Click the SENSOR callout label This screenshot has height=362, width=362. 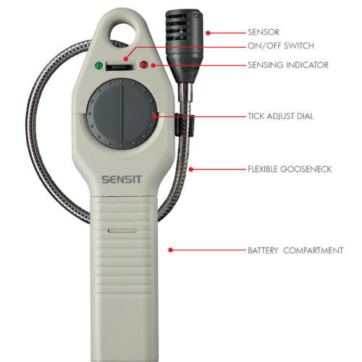[x=264, y=32]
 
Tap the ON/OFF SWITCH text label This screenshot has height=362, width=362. [x=281, y=46]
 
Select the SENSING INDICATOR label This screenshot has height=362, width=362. [x=288, y=65]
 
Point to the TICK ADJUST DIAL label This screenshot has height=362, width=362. [x=280, y=116]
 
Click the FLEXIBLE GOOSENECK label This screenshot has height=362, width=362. [x=290, y=169]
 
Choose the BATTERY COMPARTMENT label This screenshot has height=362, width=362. [x=295, y=251]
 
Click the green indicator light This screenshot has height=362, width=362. [x=98, y=66]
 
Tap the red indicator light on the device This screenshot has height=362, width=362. [x=144, y=64]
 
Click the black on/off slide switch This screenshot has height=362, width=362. [x=120, y=67]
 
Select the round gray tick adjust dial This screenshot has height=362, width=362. [x=122, y=114]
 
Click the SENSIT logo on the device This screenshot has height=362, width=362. [x=122, y=180]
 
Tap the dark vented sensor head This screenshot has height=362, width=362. [x=184, y=46]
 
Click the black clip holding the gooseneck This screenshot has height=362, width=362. [x=185, y=125]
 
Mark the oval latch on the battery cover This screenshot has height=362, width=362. [x=122, y=231]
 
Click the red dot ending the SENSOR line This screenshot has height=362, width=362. [x=208, y=33]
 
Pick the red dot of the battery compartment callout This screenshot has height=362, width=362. [x=171, y=250]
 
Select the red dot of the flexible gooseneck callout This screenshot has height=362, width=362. [x=191, y=169]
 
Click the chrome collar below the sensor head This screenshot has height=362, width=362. [x=185, y=92]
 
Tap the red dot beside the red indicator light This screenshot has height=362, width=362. [x=153, y=65]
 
